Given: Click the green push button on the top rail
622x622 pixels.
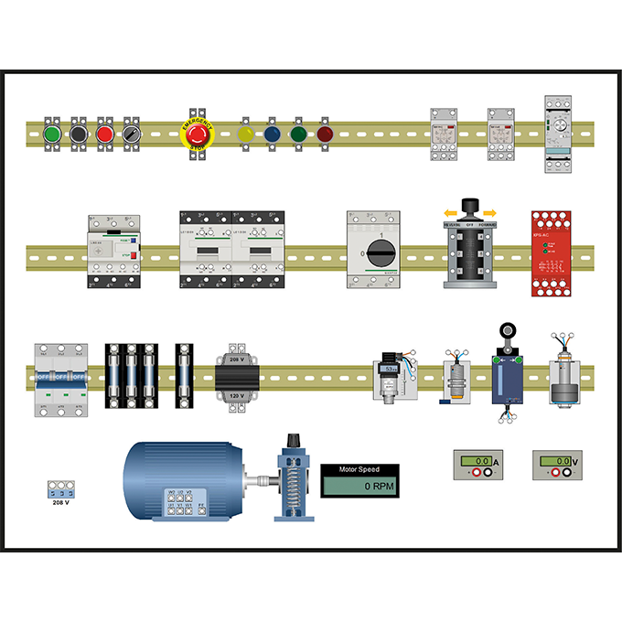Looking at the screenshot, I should pos(52,134).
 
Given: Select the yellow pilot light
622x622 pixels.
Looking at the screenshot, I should pos(246,134).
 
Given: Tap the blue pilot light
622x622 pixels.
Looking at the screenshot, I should pos(272,134).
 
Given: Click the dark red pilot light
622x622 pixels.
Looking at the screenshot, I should pos(325,134).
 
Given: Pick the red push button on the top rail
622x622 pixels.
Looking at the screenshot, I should pos(104,134).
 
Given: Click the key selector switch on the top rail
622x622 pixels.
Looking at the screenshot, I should pos(131,134).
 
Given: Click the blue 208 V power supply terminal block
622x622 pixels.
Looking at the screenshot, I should pos(60,488).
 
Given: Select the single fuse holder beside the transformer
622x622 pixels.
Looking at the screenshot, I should pos(186,376).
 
